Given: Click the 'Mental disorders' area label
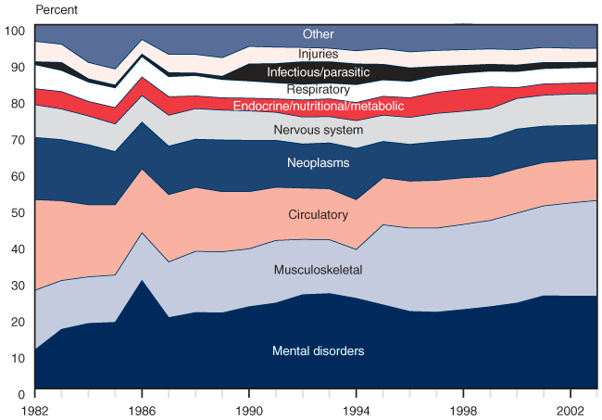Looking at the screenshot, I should pos(318,351).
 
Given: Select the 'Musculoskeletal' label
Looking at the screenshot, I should pos(318,270).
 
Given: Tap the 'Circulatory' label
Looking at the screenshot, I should pos(318,215).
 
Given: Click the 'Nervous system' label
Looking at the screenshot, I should pos(318,130).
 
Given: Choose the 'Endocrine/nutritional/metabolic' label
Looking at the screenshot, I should pos(319,107).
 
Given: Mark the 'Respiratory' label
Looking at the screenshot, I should pos(318,90).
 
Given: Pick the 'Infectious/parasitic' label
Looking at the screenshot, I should pos(318,72).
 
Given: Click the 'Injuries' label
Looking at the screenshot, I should pos(318,55).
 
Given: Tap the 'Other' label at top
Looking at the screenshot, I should pos(318,34).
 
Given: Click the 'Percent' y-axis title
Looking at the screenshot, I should pos(56,10).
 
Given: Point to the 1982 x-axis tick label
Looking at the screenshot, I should pos(34,408).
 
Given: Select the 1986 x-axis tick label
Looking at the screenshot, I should pos(142,408).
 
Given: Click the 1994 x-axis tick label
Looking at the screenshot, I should pos(357,408).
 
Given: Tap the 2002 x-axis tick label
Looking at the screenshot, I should pos(571,408).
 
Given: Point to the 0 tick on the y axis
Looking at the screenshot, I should pos(20,394).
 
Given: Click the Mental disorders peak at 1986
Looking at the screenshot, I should pos(142,281).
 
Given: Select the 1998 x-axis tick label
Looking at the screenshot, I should pos(464,408).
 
